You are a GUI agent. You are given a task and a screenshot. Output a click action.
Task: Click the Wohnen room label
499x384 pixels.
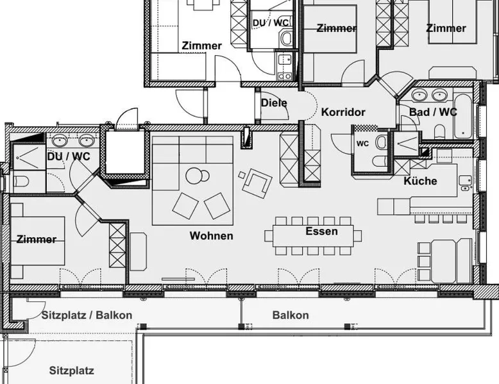pyautogui.click(x=211, y=236)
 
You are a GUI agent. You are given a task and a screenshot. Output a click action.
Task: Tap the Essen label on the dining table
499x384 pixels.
pyautogui.click(x=322, y=231)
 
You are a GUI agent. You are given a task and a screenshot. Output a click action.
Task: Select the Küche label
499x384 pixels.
pyautogui.click(x=420, y=181)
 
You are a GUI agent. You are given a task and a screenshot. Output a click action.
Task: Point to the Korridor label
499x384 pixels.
pyautogui.click(x=343, y=112)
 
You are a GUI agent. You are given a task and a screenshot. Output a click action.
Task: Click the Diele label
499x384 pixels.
pyautogui.click(x=274, y=103)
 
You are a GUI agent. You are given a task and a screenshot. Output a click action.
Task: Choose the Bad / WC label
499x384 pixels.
pyautogui.click(x=433, y=112)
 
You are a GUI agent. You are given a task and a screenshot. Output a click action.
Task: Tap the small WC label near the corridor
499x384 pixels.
pyautogui.click(x=362, y=144)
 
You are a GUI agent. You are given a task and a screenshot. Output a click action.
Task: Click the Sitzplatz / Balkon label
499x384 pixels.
pyautogui.click(x=87, y=315)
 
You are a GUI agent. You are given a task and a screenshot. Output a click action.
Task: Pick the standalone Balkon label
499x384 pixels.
pyautogui.click(x=291, y=315)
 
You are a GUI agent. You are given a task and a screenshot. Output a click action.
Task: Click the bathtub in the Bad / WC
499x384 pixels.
pyautogui.click(x=463, y=116)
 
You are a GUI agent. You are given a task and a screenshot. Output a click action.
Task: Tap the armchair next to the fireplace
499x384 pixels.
pyautogui.click(x=257, y=183)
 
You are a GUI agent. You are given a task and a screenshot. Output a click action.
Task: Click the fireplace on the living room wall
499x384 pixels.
pyautogui.click(x=247, y=138)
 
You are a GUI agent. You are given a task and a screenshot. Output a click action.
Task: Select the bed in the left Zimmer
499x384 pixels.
pyautogui.click(x=38, y=241)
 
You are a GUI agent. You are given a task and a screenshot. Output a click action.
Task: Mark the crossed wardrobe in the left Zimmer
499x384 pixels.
pyautogui.click(x=117, y=245)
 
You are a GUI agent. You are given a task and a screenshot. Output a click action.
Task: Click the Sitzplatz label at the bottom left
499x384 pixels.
pyautogui.click(x=72, y=371)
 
